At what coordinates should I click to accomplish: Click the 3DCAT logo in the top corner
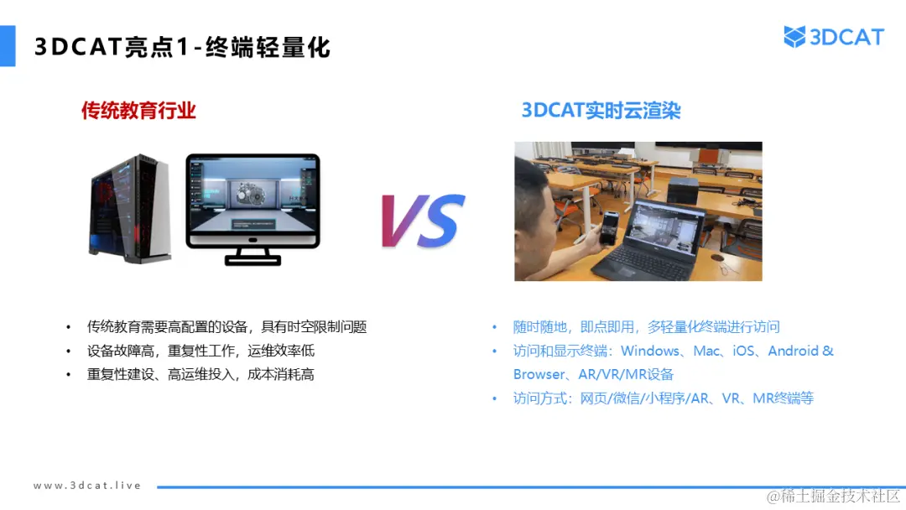click(x=834, y=37)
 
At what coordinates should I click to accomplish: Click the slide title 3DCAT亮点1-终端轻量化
click(x=183, y=47)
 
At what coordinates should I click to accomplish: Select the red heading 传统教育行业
click(x=138, y=110)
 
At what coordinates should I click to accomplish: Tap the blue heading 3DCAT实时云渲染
click(x=601, y=110)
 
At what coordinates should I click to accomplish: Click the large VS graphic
click(x=423, y=221)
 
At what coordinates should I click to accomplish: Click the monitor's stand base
click(x=253, y=258)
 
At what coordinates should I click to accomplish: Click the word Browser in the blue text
click(x=539, y=374)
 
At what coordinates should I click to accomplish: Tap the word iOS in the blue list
click(x=744, y=351)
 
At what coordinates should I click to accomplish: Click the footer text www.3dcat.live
click(x=87, y=486)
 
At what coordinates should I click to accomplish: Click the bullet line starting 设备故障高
click(x=200, y=351)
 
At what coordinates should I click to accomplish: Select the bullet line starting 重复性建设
click(x=200, y=374)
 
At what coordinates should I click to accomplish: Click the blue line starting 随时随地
click(x=647, y=327)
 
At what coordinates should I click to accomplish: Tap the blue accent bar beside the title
click(x=8, y=45)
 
